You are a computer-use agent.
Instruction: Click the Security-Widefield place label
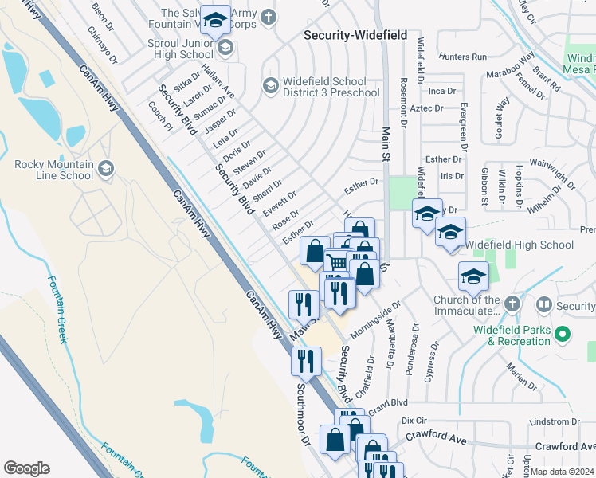[x=355, y=36]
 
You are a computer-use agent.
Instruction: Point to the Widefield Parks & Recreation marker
[x=563, y=335]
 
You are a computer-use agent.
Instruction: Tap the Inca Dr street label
[x=441, y=92]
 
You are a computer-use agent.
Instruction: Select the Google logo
[x=26, y=468]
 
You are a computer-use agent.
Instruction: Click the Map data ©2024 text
[x=561, y=472]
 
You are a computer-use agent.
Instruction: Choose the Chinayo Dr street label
[x=104, y=45]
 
